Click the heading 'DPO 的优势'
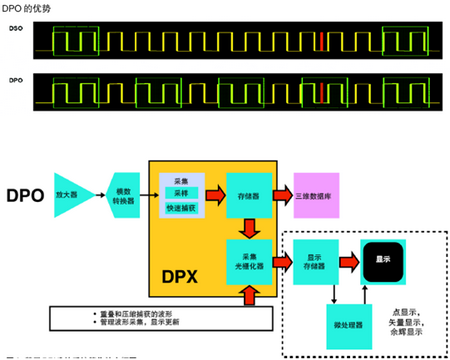pos(25,9)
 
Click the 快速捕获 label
pos(181,208)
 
